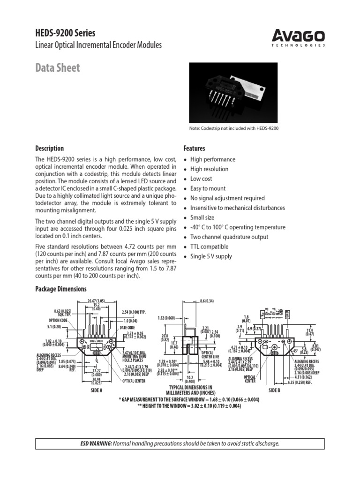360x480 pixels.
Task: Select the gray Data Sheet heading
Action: click(58, 67)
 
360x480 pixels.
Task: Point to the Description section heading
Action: click(50, 148)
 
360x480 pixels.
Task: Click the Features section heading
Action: click(194, 148)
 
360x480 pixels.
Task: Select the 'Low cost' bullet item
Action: click(201, 179)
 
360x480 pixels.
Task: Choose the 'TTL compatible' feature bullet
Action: click(210, 247)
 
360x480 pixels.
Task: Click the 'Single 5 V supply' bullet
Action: click(211, 256)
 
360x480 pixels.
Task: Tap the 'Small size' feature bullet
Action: click(202, 217)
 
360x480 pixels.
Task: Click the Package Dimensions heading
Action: click(61, 289)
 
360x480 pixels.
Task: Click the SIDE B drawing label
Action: click(274, 390)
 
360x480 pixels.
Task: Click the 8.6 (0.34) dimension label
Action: click(207, 300)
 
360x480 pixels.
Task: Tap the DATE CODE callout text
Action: click(127, 327)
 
